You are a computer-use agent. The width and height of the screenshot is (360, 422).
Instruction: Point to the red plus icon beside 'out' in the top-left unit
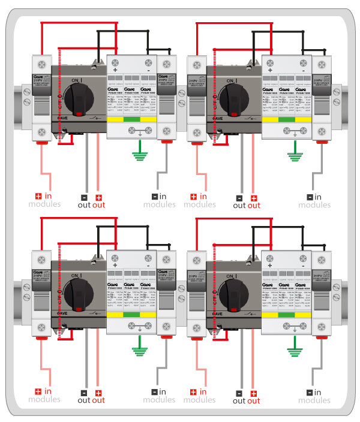pyautogui.click(x=98, y=197)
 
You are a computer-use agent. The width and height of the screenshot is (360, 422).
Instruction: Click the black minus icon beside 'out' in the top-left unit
pyautogui.click(x=84, y=197)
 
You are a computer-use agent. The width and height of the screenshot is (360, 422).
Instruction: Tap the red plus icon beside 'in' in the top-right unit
pyautogui.click(x=194, y=197)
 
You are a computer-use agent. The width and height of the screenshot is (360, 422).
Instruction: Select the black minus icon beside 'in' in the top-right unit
pyautogui.click(x=310, y=197)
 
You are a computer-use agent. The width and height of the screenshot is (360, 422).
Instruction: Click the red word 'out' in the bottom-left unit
pyautogui.click(x=98, y=400)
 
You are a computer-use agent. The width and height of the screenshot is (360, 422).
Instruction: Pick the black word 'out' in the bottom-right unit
pyautogui.click(x=239, y=401)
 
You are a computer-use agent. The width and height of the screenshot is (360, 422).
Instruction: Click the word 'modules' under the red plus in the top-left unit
pyautogui.click(x=44, y=204)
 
